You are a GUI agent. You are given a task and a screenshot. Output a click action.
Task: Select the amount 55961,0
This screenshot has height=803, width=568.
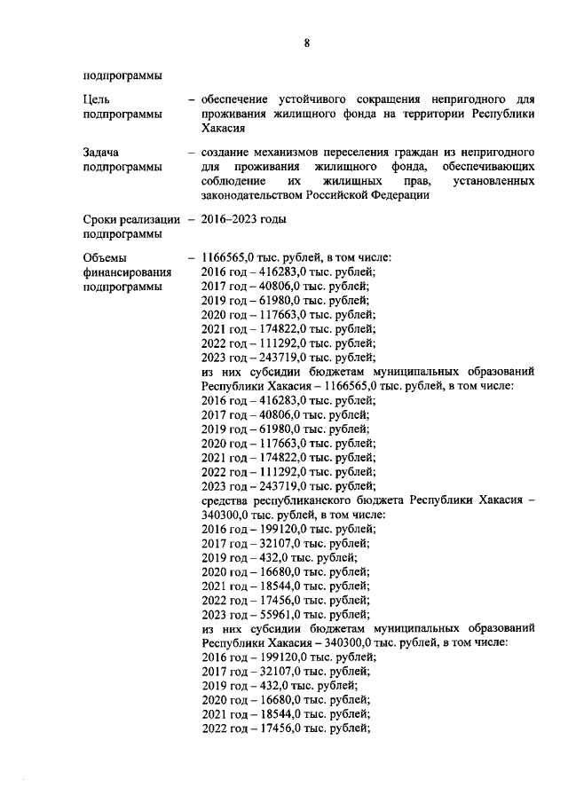278,614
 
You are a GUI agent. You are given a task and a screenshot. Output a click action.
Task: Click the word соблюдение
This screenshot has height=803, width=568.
236,181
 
